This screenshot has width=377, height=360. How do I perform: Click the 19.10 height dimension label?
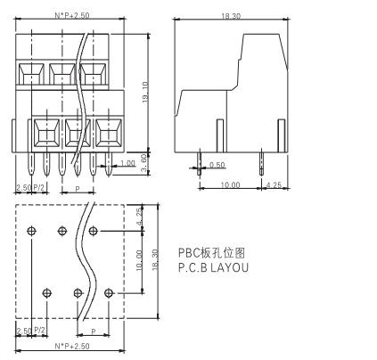tap(145, 92)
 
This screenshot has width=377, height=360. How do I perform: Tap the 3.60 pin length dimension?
tap(144, 164)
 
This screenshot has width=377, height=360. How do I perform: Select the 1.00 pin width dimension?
tap(127, 163)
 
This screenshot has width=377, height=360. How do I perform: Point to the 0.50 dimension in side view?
tap(217, 165)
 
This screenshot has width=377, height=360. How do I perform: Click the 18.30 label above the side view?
tap(231, 16)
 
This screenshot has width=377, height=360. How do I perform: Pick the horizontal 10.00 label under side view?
tap(230, 185)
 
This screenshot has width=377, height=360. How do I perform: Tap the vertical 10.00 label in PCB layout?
tap(139, 260)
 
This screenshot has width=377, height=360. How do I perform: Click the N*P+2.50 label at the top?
tap(72, 15)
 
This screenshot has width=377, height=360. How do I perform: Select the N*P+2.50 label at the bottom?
tap(72, 346)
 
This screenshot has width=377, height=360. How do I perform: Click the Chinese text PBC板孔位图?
tap(212, 253)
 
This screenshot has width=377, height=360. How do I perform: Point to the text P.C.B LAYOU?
tap(213, 267)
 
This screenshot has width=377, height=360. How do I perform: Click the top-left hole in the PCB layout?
tap(31, 231)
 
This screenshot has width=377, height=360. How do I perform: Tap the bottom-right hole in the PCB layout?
tap(109, 293)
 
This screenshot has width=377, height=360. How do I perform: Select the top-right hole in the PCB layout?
tap(94, 231)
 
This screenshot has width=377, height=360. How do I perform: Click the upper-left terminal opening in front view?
tap(31, 74)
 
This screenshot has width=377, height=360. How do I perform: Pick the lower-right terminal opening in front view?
tap(109, 133)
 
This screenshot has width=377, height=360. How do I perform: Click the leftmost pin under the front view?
tap(31, 164)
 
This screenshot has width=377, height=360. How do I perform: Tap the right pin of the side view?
tap(261, 163)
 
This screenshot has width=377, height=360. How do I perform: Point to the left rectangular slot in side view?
tap(220, 135)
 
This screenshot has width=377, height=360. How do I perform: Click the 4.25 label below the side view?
tap(274, 185)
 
